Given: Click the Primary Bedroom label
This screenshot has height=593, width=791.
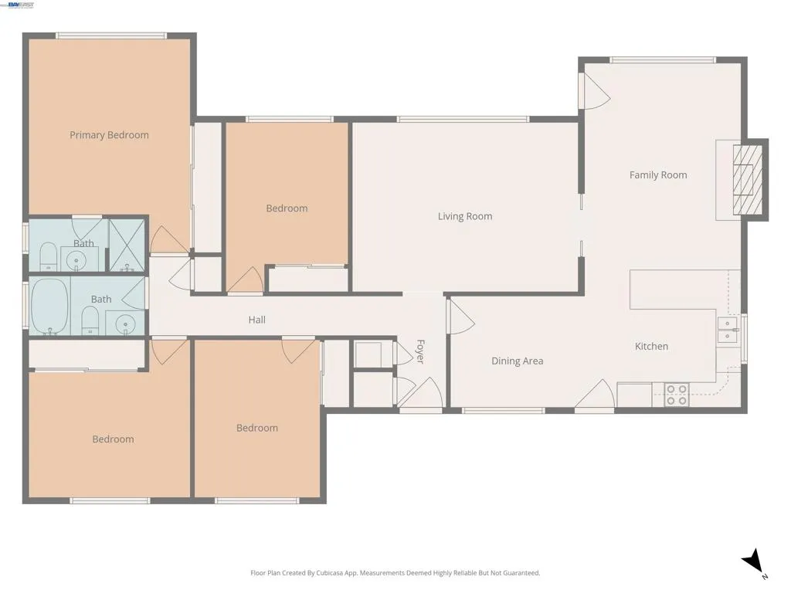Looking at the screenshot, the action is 109,135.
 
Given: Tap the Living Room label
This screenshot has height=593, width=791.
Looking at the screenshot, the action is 464,216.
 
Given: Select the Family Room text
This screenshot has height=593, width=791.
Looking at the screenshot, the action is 658,175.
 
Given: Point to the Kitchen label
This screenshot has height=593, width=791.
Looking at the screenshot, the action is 651,347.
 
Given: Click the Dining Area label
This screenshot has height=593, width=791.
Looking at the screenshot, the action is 517,361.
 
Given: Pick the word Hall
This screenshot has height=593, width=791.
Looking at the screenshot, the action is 256,320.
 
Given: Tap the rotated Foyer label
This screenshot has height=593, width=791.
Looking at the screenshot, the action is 420,351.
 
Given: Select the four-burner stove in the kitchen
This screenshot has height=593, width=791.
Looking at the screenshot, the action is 677,395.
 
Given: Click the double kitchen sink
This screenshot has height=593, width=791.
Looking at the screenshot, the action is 728,329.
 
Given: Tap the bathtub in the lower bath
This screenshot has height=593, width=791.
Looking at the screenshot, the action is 49,306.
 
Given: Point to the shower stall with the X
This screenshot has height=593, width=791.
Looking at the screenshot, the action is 127,245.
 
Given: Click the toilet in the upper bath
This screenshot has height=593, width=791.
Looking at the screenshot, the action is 49,256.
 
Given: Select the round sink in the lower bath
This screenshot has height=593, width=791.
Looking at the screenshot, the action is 125,324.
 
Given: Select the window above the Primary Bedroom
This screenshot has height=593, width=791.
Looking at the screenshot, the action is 111,36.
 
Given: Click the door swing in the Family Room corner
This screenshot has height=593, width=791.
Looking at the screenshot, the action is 596,91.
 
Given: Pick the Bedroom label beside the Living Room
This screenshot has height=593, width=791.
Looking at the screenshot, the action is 287,208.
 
